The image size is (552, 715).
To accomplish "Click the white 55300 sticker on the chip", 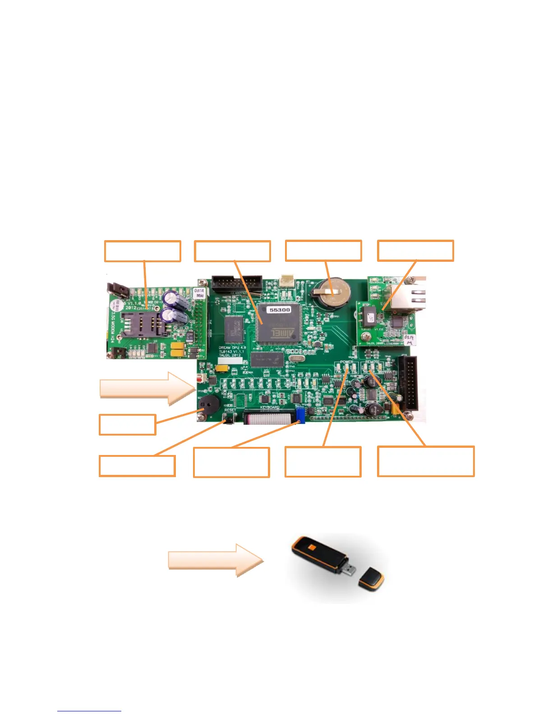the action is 280,310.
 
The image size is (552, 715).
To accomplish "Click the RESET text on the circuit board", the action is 230,410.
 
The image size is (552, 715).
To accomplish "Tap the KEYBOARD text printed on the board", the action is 270,408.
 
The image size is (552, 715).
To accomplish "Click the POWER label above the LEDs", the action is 347,362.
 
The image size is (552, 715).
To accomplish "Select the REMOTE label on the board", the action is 372,362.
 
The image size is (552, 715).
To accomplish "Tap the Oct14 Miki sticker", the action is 199,293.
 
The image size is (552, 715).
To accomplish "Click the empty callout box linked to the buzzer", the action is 128,425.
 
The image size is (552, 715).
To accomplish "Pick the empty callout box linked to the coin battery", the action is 323,251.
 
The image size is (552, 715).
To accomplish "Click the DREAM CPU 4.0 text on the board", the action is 232,348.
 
